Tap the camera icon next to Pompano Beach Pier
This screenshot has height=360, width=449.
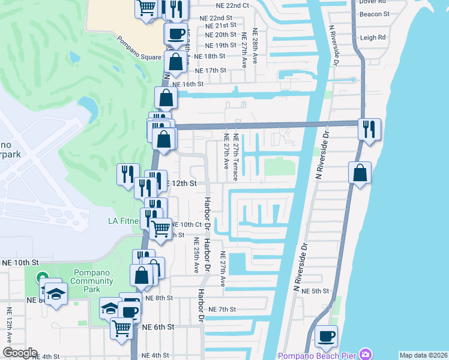[x=364, y=355]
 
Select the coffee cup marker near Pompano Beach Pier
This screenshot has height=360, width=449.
[x=326, y=336]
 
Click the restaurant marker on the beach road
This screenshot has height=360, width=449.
[x=369, y=129]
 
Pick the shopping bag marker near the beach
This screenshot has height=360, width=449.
[x=360, y=173]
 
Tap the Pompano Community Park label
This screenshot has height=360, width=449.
[x=92, y=281]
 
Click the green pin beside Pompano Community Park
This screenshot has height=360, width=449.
[x=42, y=278]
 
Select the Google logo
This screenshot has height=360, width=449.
[x=20, y=353]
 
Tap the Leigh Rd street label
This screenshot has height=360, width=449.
[x=373, y=37]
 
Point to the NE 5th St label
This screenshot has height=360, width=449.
[x=316, y=291]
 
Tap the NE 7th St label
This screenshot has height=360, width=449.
[x=223, y=309]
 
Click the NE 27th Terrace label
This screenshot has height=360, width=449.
[x=235, y=157]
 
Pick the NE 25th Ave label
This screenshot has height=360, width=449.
[x=196, y=254]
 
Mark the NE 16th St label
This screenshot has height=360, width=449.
[x=188, y=85]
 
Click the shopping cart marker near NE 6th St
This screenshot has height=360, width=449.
[x=122, y=328]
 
